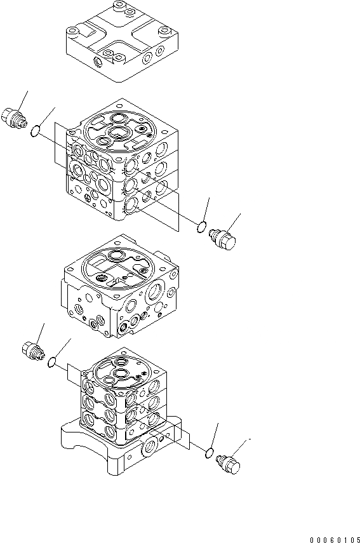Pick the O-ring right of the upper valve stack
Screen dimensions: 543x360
(202, 225)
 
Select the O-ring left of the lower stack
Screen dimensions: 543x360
(52, 362)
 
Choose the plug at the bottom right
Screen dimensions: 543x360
(229, 463)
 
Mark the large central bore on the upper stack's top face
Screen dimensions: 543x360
(119, 132)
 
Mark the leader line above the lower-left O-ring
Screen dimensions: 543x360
(62, 347)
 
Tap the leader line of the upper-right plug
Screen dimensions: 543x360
(234, 222)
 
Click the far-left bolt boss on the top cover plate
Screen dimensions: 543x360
(73, 30)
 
